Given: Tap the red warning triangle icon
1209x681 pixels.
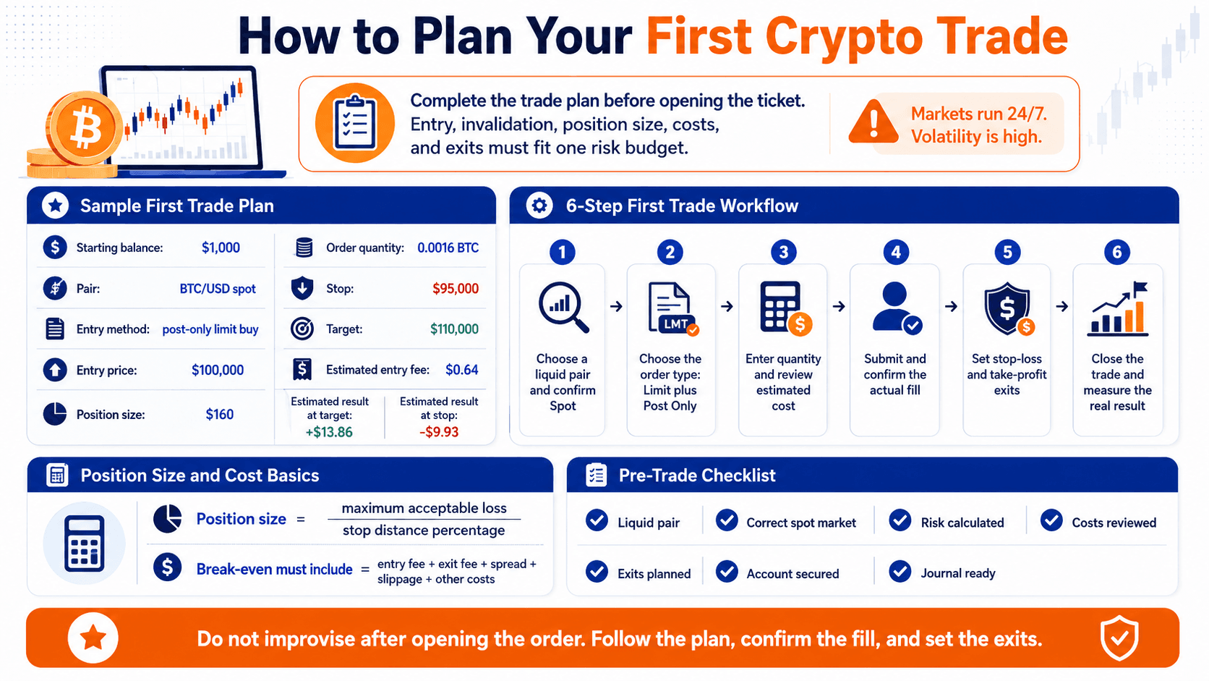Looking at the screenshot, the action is pos(873,122).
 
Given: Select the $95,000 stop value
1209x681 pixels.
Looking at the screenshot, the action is pos(455,289).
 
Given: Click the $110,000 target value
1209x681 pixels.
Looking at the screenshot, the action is pos(454,329).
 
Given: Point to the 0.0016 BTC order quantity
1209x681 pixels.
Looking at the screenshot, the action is pos(448,248).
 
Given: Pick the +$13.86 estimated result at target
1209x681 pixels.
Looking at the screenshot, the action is pos(329,432).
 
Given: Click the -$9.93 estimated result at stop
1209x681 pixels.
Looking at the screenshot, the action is pos(439,432).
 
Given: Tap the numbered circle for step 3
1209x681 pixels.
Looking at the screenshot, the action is pos(783,252).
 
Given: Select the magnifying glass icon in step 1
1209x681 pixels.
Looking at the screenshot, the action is pos(563,306).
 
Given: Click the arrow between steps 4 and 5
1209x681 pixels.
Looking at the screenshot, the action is pos(951,307).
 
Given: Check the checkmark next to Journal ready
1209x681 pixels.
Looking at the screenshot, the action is pos(900,572).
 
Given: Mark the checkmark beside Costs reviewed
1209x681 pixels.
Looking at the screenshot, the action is pos(1051,520).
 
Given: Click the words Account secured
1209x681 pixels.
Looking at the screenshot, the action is pos(793,573).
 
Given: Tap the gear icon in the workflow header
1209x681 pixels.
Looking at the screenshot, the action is pos(539,206).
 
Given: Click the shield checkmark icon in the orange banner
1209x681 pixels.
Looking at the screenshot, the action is pos(1119,638).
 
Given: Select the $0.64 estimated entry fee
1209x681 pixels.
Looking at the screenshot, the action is pos(461,370).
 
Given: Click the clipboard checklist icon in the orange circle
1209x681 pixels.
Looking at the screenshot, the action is pos(354,122).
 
